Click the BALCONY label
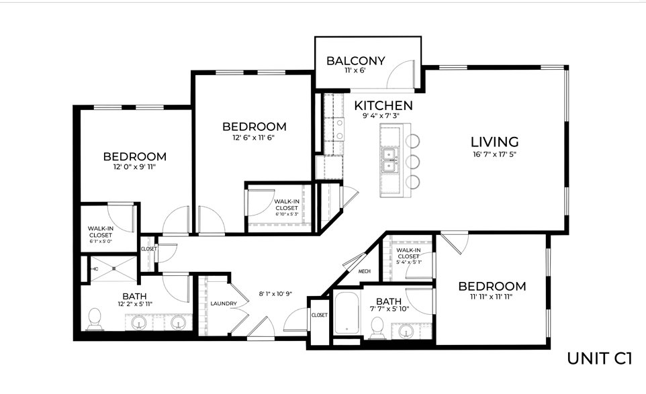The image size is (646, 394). coord(355,61)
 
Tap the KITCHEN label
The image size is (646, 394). coord(383,105)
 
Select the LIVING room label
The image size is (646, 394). coord(494,142)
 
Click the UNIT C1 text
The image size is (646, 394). coord(598,358)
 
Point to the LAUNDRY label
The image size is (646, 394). coord(224,304)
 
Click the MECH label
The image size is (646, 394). coord(364,271)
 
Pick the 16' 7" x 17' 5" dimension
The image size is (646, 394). coord(494,155)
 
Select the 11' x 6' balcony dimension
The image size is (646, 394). coord(355,70)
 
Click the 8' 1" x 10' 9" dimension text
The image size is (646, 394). coord(275,294)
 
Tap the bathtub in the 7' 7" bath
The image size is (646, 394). coord(347,313)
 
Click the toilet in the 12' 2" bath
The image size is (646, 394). coord(95,319)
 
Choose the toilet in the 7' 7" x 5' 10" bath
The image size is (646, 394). coord(377,328)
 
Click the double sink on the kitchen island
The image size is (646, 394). coord(389,160)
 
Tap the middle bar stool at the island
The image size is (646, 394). coord(412,161)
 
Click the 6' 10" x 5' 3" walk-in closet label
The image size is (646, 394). coord(286,207)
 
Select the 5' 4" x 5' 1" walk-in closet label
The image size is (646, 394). coord(408,256)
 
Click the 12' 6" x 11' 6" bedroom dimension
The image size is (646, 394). coord(254,138)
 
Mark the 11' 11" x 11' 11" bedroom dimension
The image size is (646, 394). coord(492,297)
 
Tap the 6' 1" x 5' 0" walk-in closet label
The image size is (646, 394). coord(101,235)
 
